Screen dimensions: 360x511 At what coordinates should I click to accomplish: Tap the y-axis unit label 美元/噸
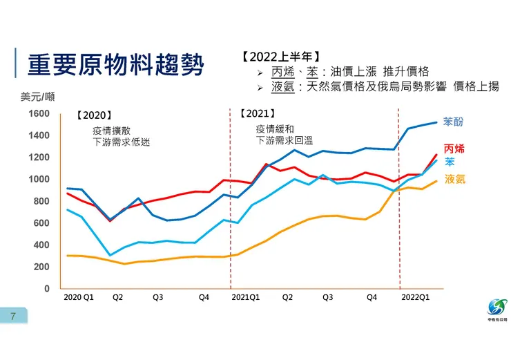40,97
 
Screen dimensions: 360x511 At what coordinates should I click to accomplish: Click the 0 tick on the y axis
47,288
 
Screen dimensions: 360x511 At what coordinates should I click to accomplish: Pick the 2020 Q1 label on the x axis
77,297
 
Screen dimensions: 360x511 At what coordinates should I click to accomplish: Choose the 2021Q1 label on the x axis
245,297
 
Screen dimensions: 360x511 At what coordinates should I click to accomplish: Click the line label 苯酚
453,122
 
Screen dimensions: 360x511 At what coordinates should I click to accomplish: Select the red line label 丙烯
454,149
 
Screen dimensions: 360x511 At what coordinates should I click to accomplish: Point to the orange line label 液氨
454,179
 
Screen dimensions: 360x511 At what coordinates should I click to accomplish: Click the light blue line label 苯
450,162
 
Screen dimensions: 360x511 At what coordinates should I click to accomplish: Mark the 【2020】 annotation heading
93,115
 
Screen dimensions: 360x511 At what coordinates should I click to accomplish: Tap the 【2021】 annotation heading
257,113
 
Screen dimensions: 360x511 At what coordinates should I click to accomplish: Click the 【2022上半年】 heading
281,57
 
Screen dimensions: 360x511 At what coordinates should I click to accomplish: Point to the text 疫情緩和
275,129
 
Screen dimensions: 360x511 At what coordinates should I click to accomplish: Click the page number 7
12,316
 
